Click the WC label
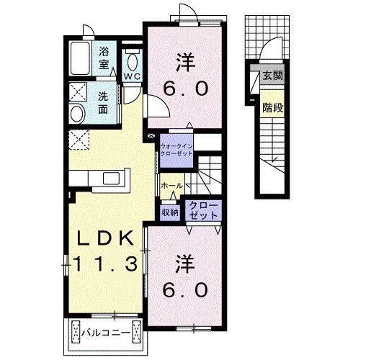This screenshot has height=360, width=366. (132, 76)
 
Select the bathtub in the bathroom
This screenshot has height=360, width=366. (81, 58)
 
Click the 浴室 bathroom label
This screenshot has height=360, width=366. (104, 58)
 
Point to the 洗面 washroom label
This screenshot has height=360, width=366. (103, 103)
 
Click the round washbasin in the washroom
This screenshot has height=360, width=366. (77, 114)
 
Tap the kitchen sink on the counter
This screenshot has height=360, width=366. (112, 179)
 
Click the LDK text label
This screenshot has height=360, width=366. (105, 238)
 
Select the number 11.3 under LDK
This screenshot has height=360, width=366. (105, 264)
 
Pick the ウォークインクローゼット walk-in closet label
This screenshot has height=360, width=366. (176, 150)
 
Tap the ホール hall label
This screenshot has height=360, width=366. (171, 185)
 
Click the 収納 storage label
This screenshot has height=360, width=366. (170, 212)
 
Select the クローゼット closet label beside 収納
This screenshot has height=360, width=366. (203, 210)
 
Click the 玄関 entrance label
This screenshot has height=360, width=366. (272, 76)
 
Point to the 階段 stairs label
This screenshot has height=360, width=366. (272, 107)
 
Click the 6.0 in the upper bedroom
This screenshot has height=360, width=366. (185, 89)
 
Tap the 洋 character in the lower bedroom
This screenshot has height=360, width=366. (185, 264)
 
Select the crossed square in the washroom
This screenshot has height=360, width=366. (78, 92)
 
